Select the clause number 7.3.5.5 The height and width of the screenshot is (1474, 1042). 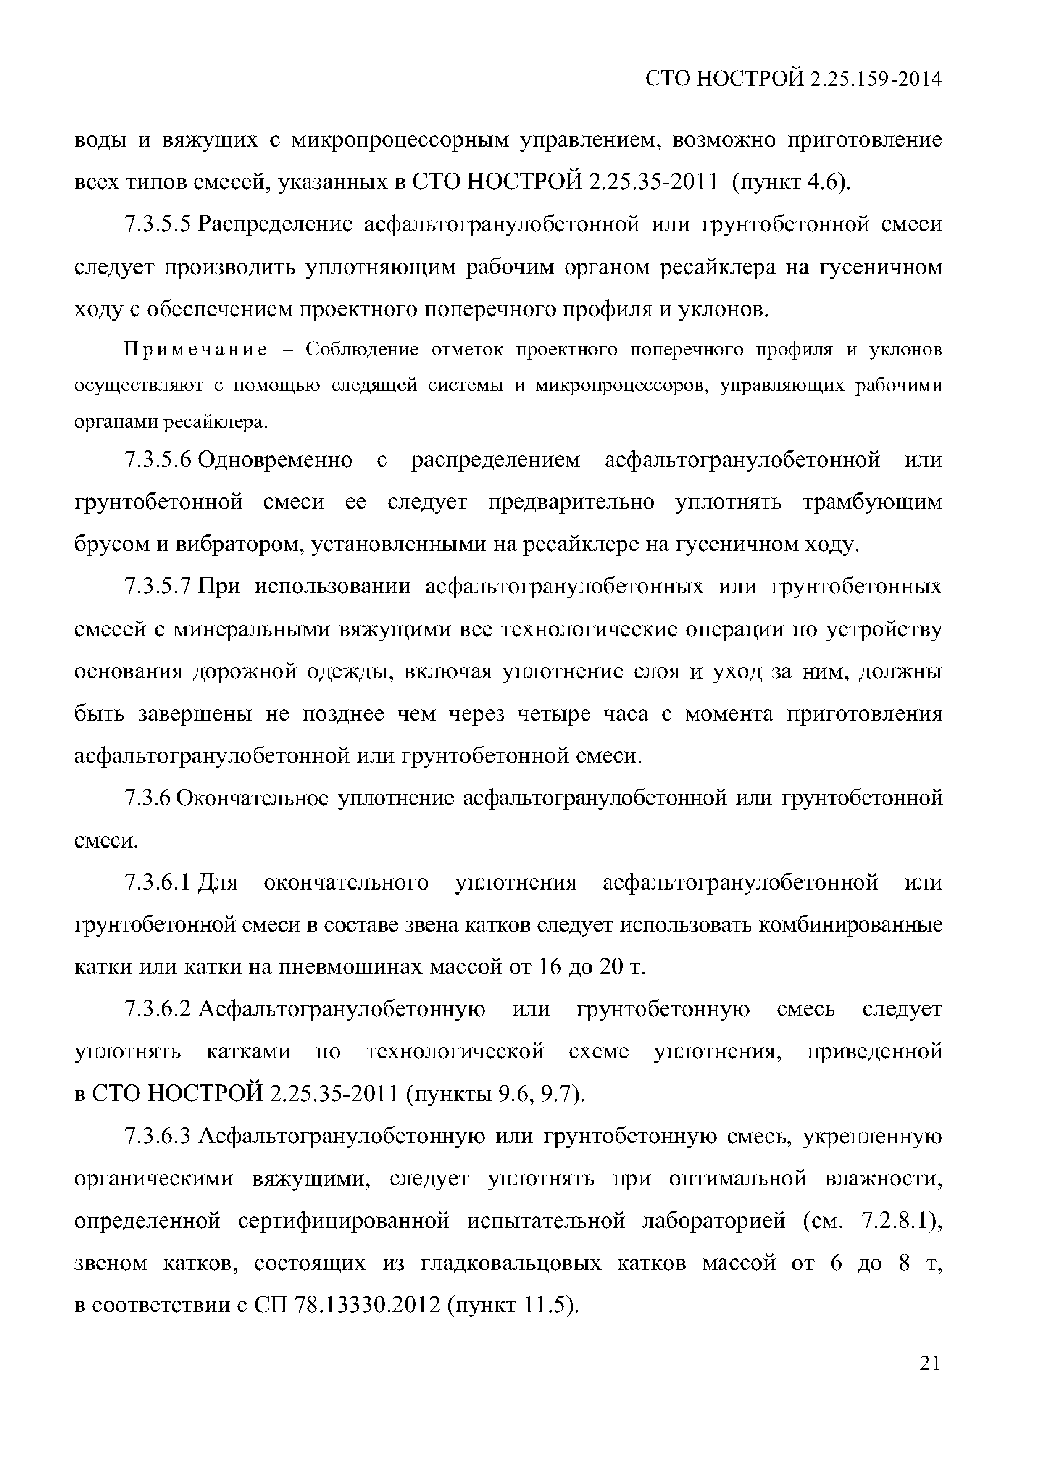click(158, 225)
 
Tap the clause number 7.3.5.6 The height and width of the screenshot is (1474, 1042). click(158, 460)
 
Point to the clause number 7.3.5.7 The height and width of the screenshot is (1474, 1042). click(158, 587)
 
